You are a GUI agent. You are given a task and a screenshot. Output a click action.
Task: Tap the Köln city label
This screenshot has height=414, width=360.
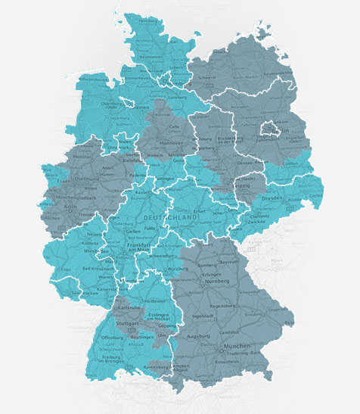(51, 205)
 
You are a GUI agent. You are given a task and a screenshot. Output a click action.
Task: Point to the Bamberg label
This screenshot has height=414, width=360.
(213, 266)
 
